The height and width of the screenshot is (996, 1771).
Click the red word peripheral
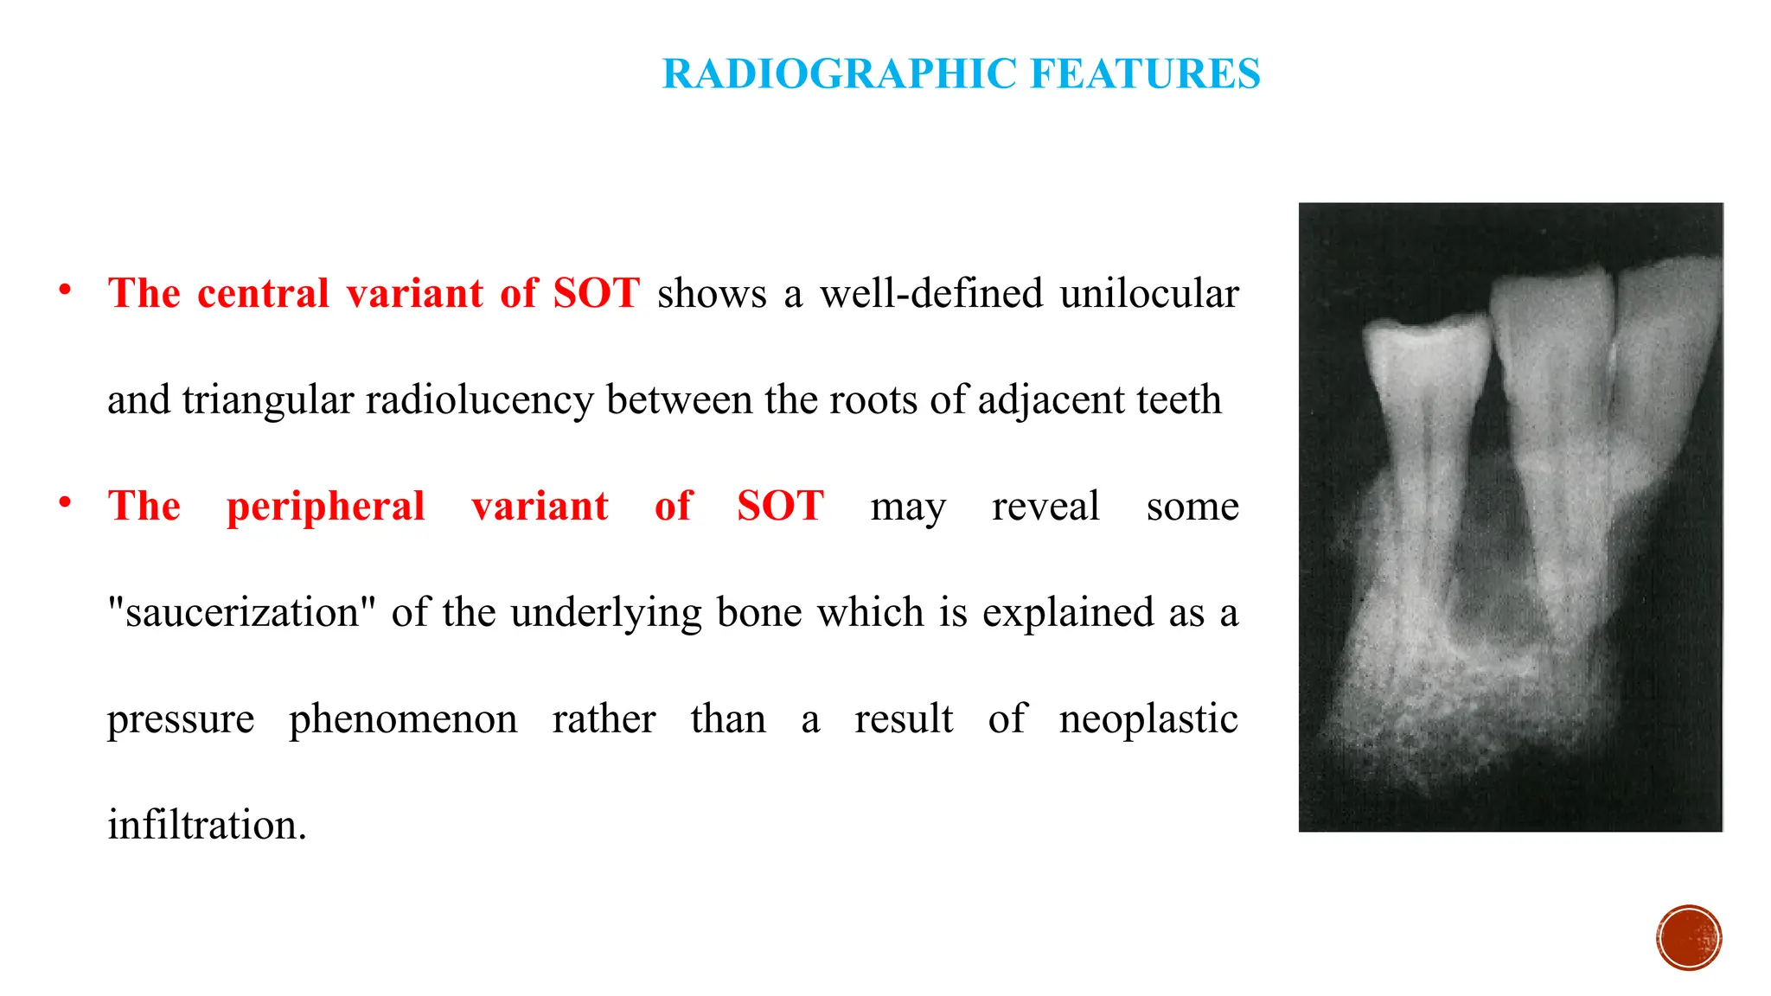tap(325, 506)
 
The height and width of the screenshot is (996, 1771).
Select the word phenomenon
tap(403, 718)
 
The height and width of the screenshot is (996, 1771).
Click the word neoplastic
tap(1148, 718)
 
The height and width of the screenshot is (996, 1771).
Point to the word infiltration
tap(207, 825)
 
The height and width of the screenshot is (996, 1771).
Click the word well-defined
tap(931, 293)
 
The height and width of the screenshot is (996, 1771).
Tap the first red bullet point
tap(65, 290)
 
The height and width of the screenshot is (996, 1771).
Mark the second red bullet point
tap(65, 503)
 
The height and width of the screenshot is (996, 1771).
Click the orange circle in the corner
tap(1689, 938)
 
